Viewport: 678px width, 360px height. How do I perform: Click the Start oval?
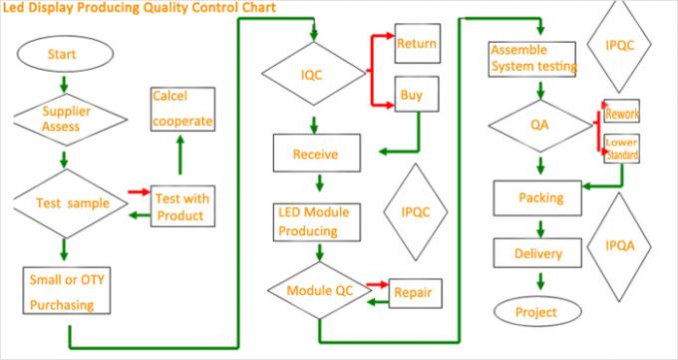coord(62,55)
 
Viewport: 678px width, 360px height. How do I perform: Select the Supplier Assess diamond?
coord(62,119)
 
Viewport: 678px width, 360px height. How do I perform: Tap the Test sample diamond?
coord(66,202)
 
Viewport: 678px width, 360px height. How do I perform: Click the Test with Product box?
coord(180,206)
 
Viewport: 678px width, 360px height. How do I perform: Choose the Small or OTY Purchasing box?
coord(66,290)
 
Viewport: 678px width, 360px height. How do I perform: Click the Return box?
coord(418,44)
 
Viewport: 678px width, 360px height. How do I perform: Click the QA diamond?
coord(538,126)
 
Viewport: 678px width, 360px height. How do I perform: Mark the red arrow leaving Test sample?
coord(138,191)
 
